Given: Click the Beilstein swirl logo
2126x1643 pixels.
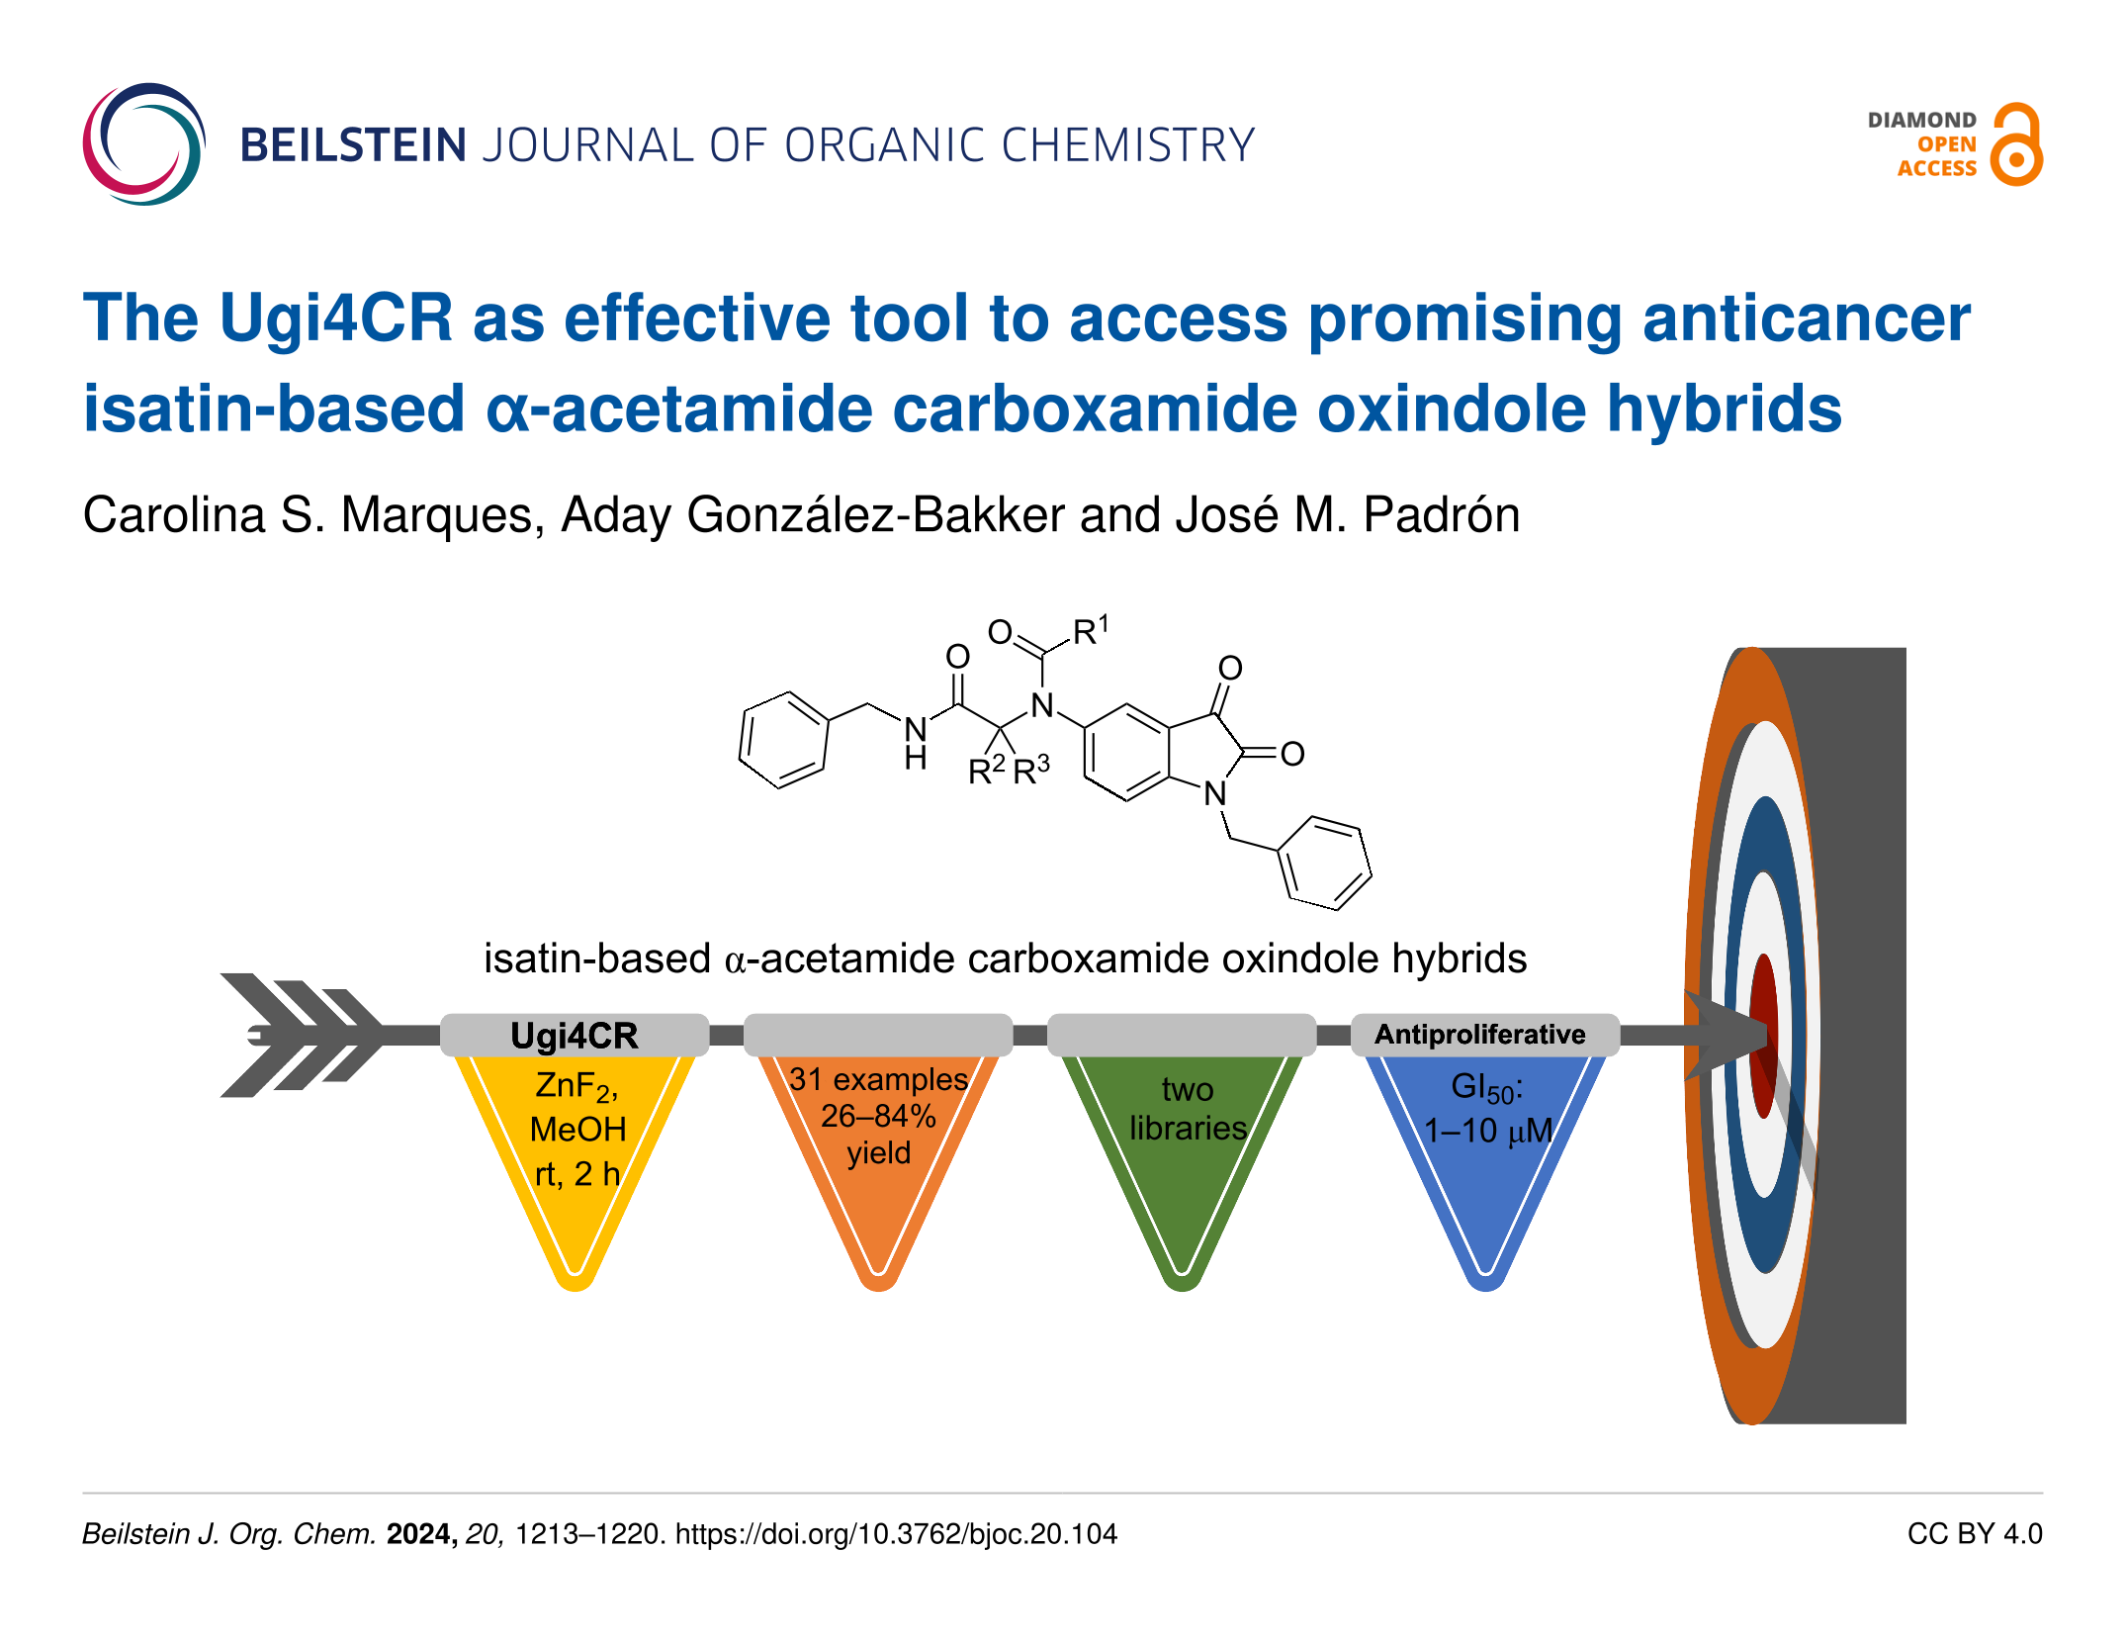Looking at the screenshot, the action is [144, 144].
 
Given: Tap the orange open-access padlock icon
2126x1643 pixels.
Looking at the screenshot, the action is [2016, 144].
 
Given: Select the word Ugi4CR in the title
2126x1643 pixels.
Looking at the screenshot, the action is [336, 319].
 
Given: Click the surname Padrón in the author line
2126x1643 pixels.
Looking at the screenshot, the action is [1441, 514].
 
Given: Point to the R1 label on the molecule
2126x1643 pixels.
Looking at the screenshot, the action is [1091, 630].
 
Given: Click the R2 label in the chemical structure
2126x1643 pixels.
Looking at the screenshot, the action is [987, 770].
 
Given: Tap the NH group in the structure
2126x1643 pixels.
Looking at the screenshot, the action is [916, 743].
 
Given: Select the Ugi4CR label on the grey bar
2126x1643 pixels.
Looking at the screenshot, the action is [575, 1036].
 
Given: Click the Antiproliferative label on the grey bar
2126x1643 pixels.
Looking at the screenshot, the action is [1480, 1034].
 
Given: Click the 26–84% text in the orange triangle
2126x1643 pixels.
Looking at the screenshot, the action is [878, 1116].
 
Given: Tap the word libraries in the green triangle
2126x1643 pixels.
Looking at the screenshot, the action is [1188, 1128].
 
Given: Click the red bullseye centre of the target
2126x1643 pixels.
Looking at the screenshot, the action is [1763, 1036].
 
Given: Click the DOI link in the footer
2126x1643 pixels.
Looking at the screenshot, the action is [896, 1534].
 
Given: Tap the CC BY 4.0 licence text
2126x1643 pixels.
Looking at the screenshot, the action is [1975, 1534].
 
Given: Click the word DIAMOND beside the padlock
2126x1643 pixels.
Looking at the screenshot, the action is [1921, 120].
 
